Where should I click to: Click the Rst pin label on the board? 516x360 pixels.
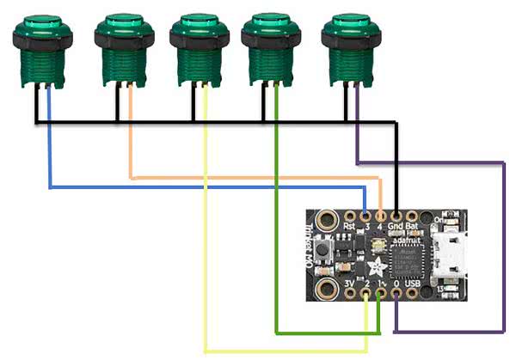349,226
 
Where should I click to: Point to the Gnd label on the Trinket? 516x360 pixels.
396,226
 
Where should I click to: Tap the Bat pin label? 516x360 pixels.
413,226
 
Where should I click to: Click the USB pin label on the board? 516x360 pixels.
412,283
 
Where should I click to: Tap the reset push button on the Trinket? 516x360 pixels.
325,253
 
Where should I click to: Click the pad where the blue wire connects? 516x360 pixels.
366,215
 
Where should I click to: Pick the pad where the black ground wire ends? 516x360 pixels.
396,215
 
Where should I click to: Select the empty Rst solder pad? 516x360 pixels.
351,215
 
